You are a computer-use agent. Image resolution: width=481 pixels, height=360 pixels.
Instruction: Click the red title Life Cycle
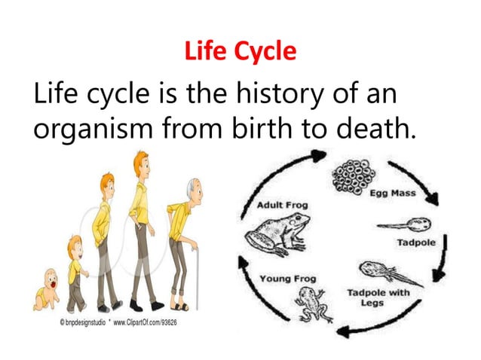240,52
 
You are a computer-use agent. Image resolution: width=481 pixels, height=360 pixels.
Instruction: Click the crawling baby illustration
46,290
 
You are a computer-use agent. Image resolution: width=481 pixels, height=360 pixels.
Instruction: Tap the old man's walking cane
198,278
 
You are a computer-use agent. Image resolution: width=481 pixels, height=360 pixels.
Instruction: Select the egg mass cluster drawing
354,178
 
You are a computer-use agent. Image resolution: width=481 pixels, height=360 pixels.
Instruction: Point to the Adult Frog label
283,205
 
